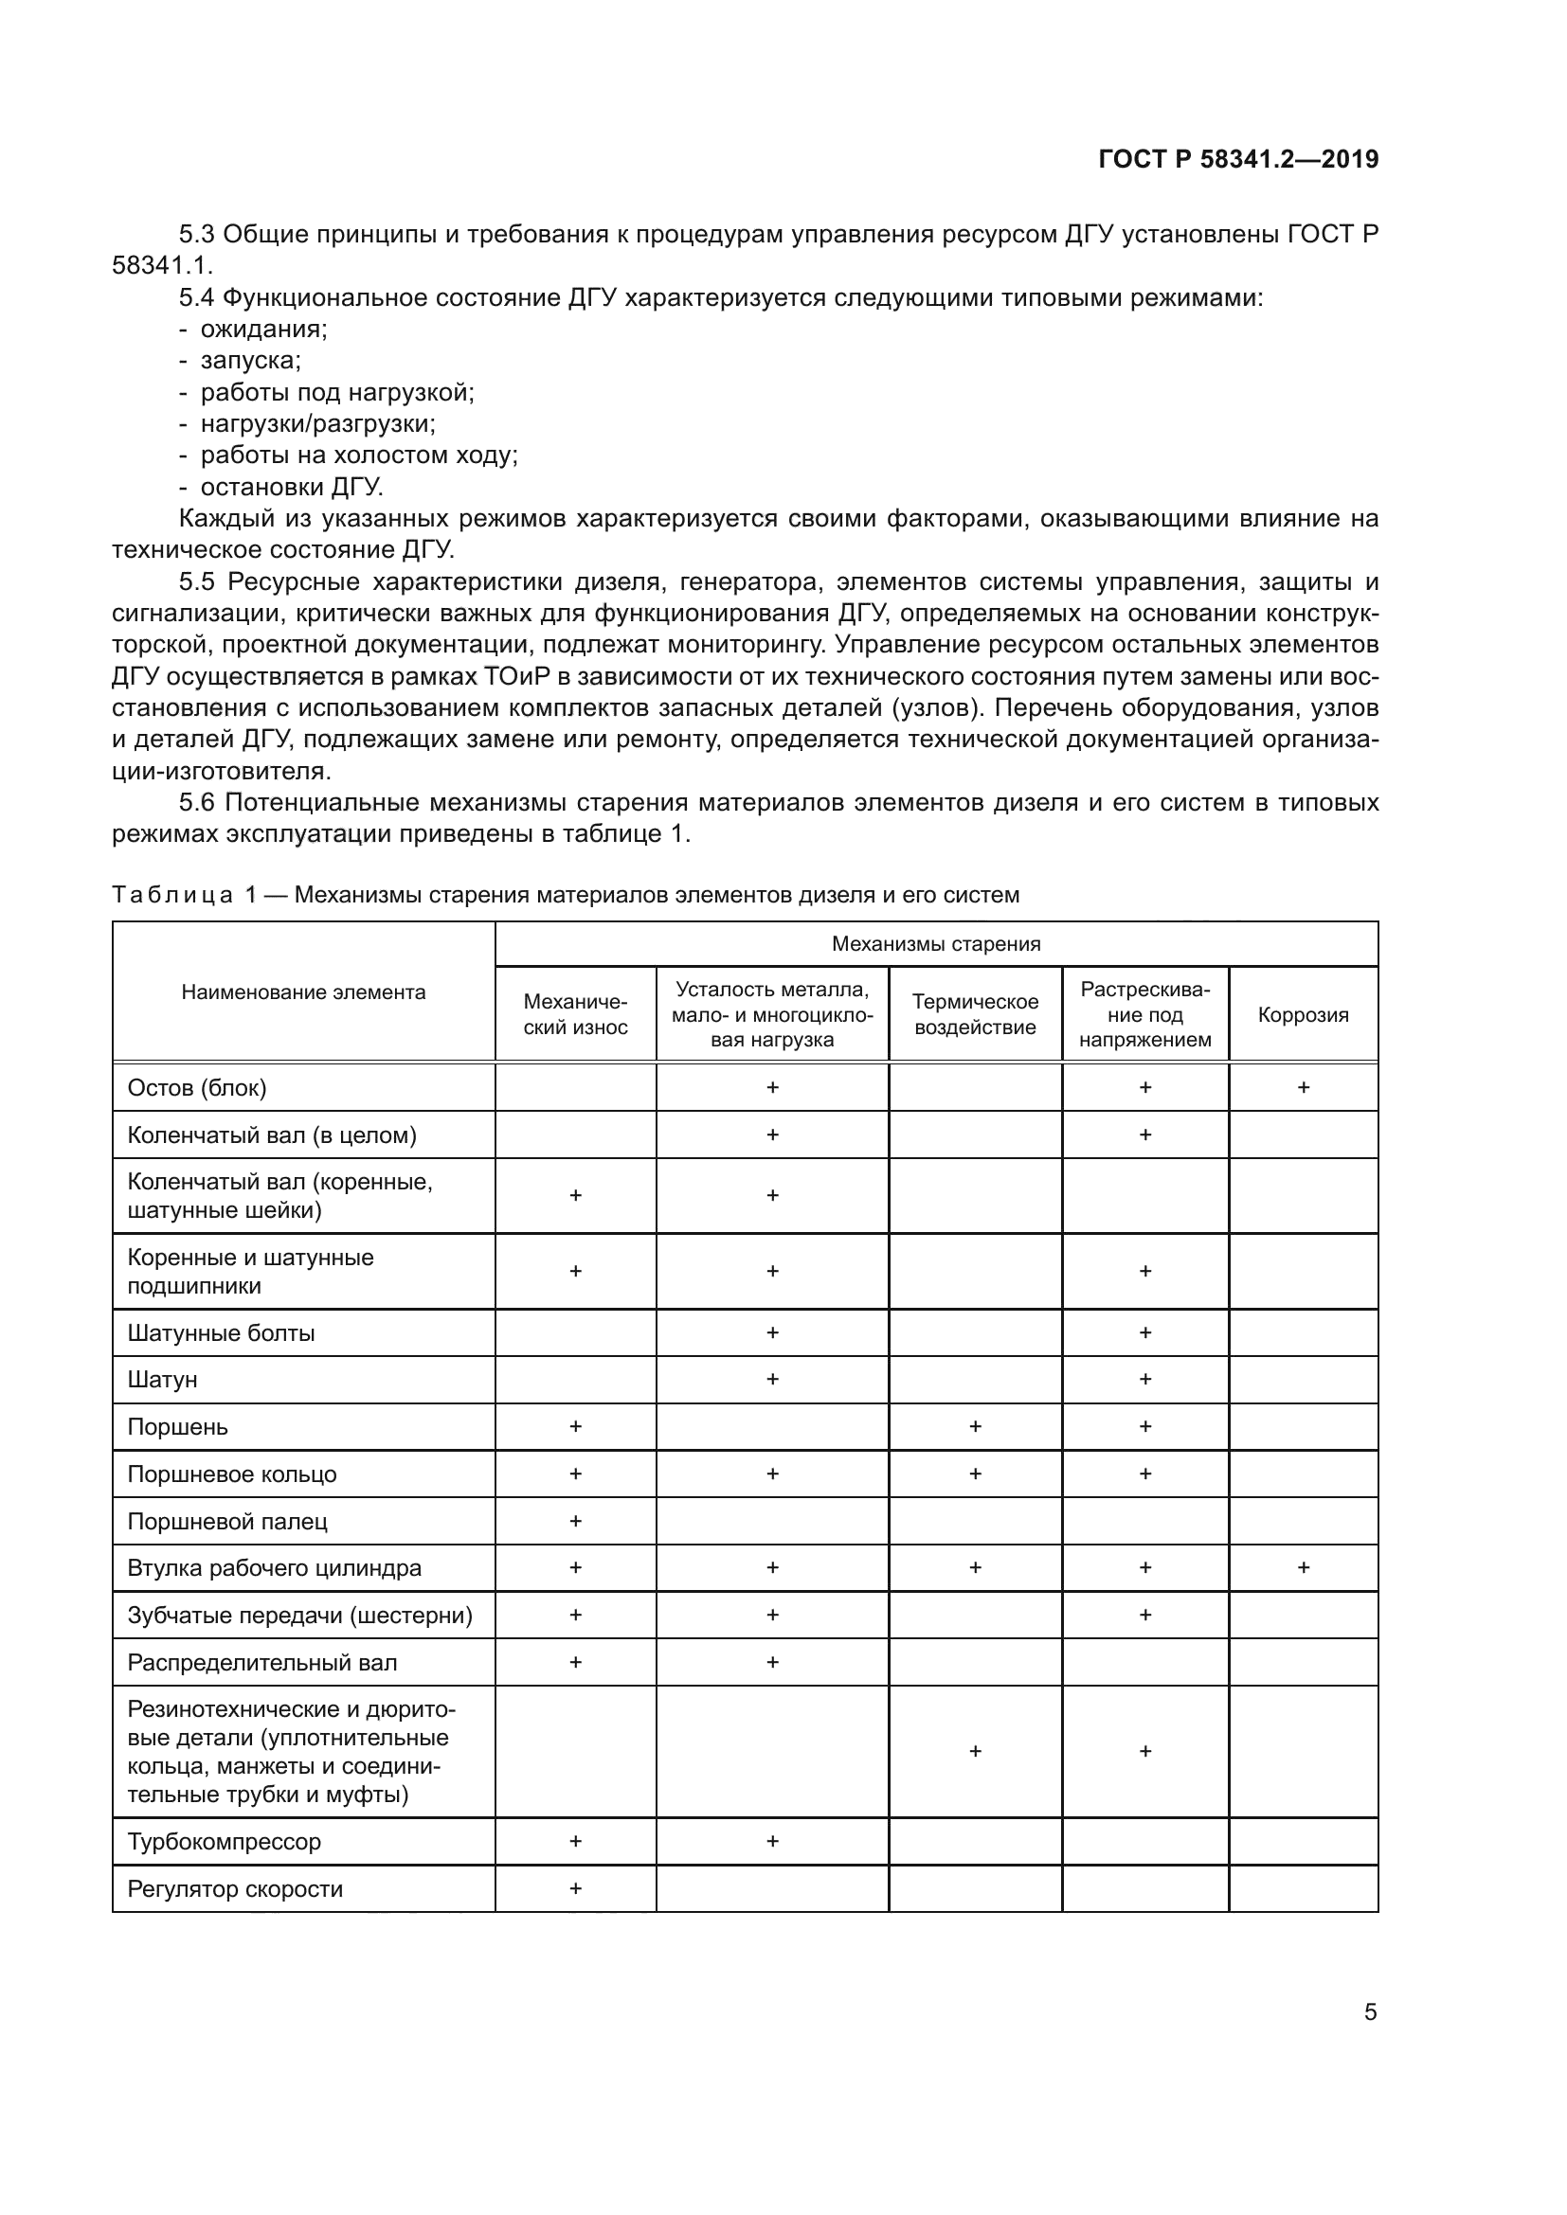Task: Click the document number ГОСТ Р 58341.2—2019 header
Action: click(x=1238, y=159)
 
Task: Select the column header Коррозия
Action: click(x=1303, y=1014)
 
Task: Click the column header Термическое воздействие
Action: click(x=975, y=1014)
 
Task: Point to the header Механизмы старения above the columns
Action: click(x=936, y=943)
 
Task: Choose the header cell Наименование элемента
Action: click(x=303, y=991)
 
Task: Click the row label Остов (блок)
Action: click(x=197, y=1087)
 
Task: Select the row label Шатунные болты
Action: click(x=221, y=1332)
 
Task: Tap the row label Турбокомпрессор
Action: click(x=224, y=1841)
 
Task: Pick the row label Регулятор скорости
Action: click(x=234, y=1888)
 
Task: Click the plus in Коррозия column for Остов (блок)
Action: click(x=1303, y=1087)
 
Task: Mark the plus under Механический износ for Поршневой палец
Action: click(x=575, y=1521)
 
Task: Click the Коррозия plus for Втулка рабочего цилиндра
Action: click(x=1303, y=1567)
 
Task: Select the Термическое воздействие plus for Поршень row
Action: click(x=975, y=1426)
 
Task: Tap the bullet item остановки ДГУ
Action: click(x=292, y=486)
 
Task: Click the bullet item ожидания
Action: click(x=263, y=329)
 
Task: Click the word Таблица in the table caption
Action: click(x=171, y=894)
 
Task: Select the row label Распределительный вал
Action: click(x=261, y=1662)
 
